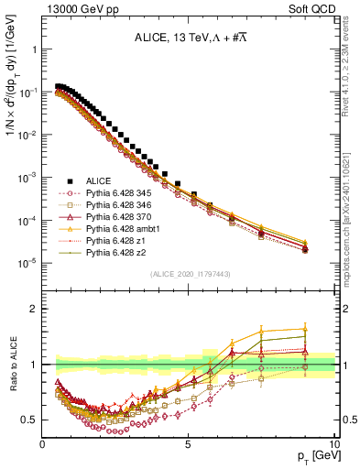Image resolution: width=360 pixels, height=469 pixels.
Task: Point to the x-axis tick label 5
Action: [x=188, y=442]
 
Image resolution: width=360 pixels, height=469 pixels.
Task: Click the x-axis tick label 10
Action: [x=333, y=442]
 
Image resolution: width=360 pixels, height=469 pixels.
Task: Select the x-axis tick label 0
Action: [x=43, y=442]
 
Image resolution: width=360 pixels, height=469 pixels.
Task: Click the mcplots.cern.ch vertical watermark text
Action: [x=351, y=211]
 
